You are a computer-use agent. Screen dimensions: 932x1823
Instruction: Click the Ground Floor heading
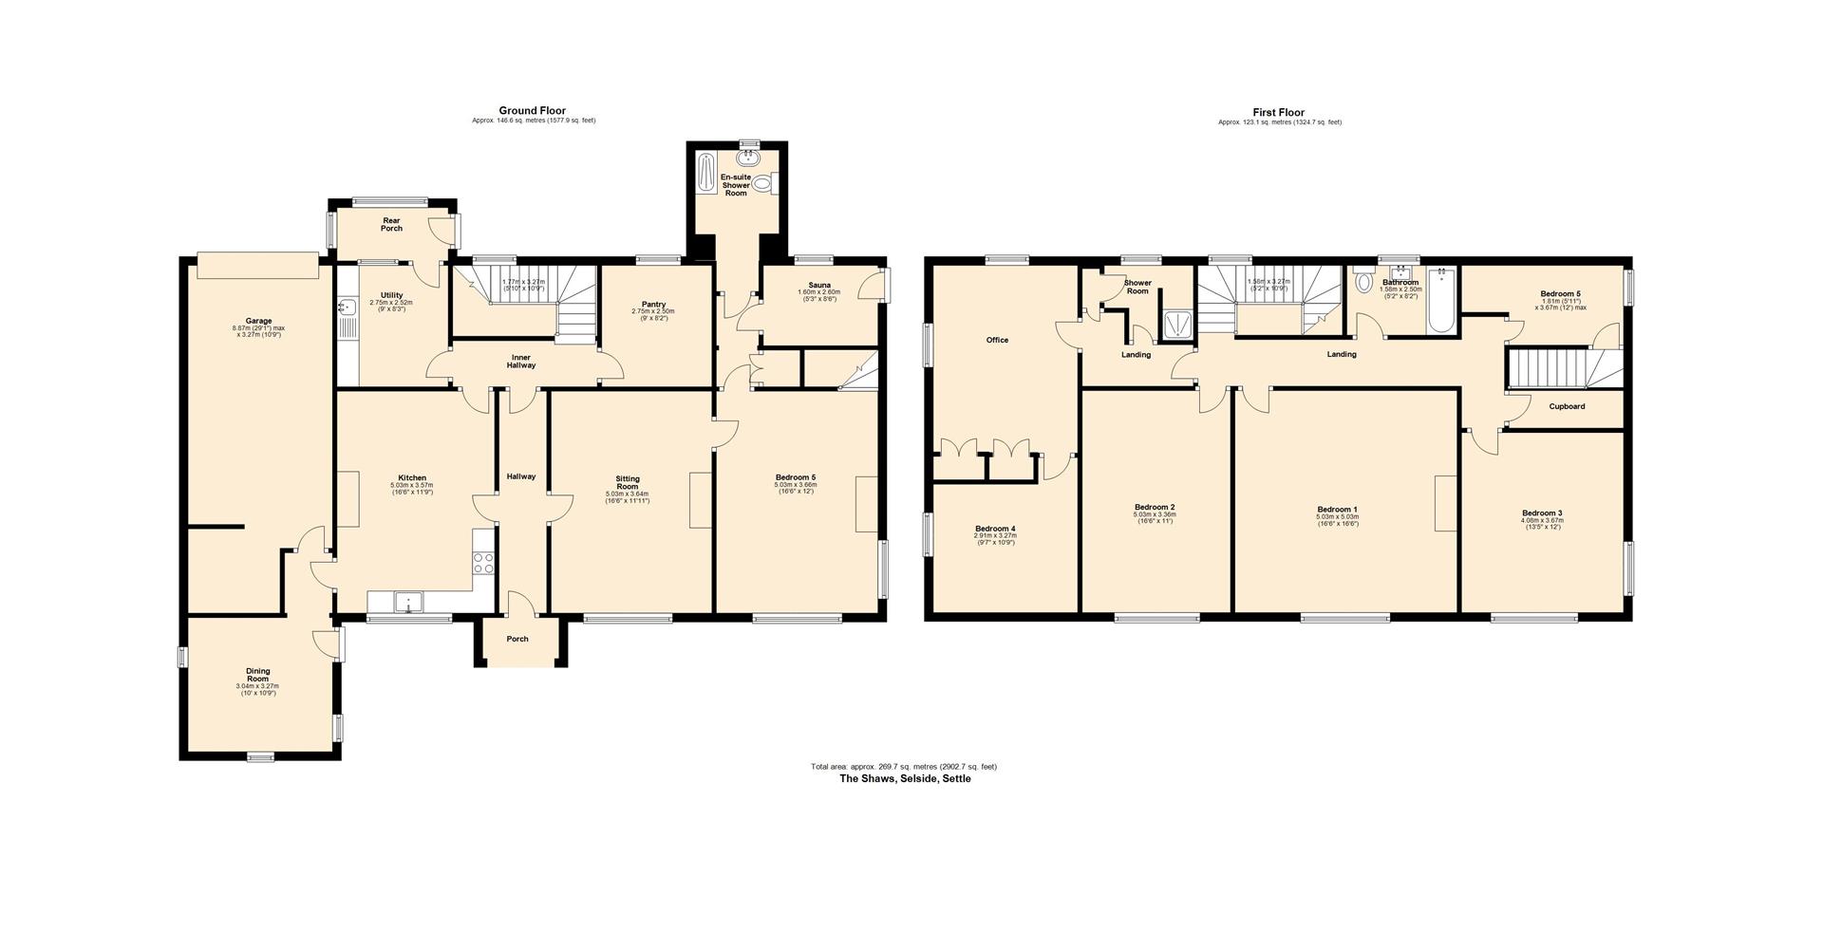tap(532, 111)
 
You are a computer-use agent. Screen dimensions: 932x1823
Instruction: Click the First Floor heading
tap(1278, 112)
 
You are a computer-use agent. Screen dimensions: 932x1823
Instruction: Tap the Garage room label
tap(258, 321)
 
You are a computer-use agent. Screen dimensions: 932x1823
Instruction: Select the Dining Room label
tap(257, 675)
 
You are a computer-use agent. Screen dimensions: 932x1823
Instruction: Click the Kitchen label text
tap(411, 477)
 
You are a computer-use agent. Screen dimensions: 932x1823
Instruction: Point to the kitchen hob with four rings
tap(483, 563)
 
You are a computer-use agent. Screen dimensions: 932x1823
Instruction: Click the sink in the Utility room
tap(347, 307)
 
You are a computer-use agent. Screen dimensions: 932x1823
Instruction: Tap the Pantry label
tap(653, 304)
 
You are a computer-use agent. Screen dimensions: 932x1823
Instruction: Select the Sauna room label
tap(819, 285)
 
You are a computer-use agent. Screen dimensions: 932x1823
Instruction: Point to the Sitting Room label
tap(627, 482)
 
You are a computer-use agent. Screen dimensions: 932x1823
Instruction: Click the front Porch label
tap(517, 639)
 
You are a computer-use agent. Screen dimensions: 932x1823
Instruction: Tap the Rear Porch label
tap(391, 224)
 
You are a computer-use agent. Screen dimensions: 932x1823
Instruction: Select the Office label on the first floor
tap(996, 340)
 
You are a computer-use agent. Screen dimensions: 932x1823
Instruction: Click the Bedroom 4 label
tap(995, 528)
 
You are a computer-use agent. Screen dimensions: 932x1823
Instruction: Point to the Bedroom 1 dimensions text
tap(1336, 519)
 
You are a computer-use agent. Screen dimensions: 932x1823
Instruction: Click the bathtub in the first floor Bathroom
tap(1440, 302)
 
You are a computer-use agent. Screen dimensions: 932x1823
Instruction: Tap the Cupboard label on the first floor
tap(1566, 406)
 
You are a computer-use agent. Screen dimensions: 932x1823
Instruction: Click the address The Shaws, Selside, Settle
tap(904, 778)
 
